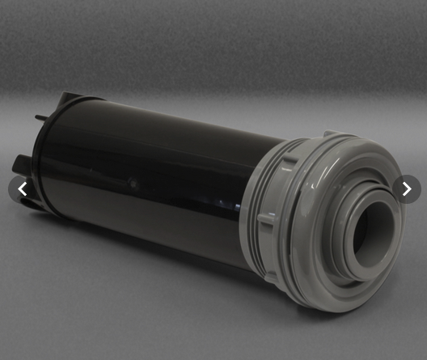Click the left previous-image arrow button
click(22, 189)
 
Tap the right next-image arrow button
click(406, 189)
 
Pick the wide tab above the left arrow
click(23, 162)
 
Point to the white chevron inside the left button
click(22, 189)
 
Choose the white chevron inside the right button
click(406, 189)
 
